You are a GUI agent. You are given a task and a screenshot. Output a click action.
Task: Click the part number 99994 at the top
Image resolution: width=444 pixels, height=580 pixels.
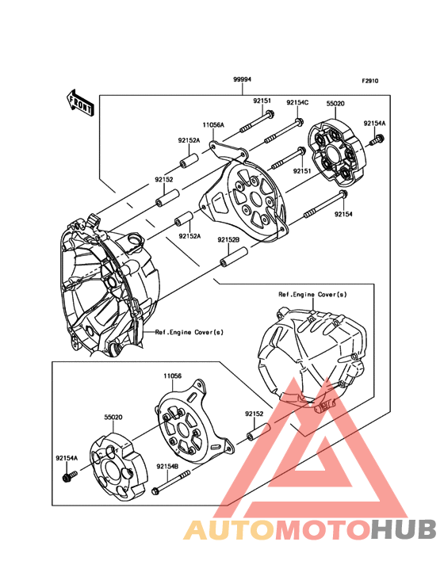[243, 80]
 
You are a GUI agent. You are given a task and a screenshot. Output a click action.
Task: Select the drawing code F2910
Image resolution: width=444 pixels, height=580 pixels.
[371, 81]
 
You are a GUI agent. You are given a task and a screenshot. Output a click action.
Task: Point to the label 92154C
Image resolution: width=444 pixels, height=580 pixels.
[297, 102]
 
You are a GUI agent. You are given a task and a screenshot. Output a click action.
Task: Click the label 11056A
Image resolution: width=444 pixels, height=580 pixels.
[212, 124]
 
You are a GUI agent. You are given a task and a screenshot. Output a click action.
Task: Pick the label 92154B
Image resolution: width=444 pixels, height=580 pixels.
[167, 466]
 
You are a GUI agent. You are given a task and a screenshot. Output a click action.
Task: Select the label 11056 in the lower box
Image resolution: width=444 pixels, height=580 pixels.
[174, 376]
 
